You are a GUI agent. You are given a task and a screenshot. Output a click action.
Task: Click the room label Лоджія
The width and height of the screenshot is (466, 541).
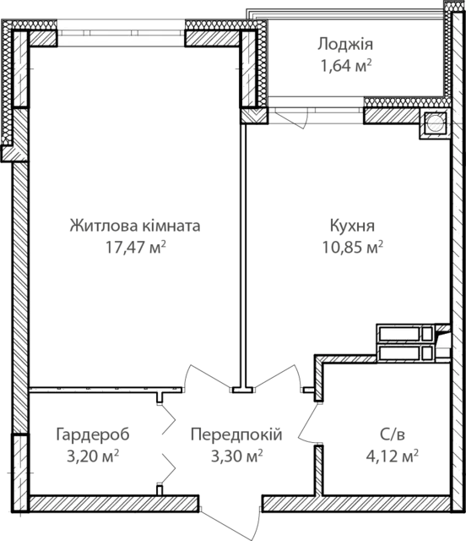(x=345, y=45)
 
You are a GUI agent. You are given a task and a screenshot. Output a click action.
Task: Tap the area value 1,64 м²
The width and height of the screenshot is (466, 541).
(x=346, y=66)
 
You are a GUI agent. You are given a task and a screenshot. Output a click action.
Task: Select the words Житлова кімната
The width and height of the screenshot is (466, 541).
(x=135, y=226)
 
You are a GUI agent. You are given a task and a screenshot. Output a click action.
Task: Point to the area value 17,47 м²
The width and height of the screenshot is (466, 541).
(x=136, y=247)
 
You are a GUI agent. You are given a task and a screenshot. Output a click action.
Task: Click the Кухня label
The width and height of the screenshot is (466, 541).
(x=352, y=226)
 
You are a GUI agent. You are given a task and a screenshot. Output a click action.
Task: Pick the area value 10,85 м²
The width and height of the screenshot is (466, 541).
(x=353, y=247)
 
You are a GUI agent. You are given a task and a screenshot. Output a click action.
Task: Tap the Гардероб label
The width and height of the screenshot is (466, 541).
(x=93, y=434)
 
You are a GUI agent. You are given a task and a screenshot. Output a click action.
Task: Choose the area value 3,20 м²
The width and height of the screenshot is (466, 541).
(x=93, y=456)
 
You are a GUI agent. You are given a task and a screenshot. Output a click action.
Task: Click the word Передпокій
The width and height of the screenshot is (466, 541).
(x=236, y=434)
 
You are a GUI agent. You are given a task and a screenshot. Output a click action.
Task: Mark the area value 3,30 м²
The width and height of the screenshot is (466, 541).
(x=236, y=456)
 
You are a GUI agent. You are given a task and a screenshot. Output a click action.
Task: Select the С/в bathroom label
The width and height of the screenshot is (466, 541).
(x=393, y=434)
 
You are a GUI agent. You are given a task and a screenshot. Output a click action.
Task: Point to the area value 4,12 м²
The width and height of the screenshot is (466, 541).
(x=393, y=456)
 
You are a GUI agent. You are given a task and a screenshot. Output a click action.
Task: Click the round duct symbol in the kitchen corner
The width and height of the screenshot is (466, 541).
(x=436, y=123)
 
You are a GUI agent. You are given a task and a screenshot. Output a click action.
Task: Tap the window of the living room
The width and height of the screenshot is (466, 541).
(x=121, y=33)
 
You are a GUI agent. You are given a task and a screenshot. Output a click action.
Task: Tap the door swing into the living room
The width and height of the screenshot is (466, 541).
(x=207, y=377)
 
